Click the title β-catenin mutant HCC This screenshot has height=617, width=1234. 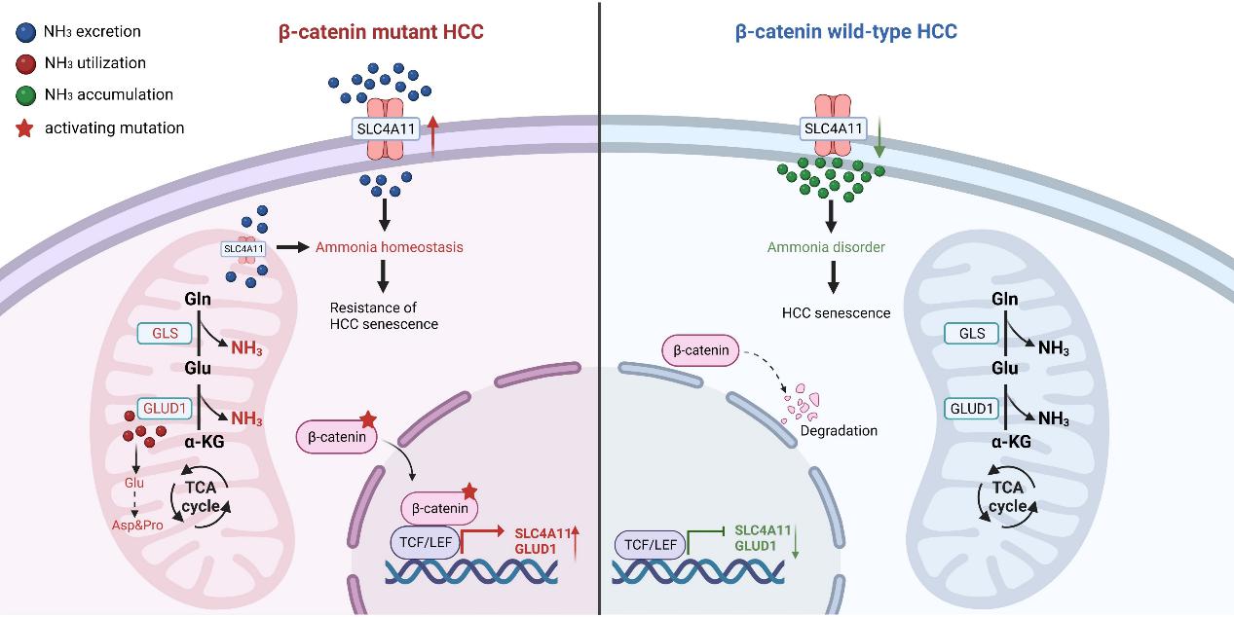click(x=381, y=32)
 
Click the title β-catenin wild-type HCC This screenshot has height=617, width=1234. click(x=845, y=32)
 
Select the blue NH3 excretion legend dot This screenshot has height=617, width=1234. click(x=26, y=31)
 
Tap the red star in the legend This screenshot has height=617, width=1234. click(x=26, y=127)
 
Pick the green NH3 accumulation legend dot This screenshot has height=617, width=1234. click(x=26, y=95)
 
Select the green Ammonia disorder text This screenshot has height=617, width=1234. click(x=826, y=247)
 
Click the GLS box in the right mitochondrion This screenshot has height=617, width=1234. click(x=972, y=334)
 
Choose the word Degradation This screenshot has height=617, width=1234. click(x=839, y=430)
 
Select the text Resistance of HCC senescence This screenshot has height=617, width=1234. click(x=383, y=314)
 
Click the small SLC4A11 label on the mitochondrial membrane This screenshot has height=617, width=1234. click(x=243, y=248)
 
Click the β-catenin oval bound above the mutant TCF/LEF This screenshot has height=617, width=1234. click(x=440, y=507)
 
